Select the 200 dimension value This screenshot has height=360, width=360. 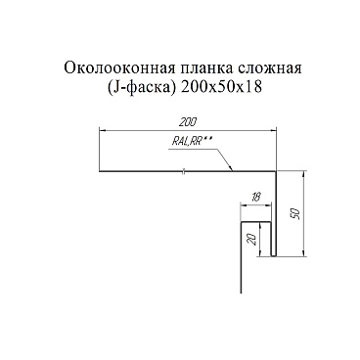click(188, 121)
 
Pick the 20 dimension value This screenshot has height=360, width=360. click(253, 240)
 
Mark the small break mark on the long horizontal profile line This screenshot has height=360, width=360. click(183, 173)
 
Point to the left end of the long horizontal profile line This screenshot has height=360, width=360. click(102, 173)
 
